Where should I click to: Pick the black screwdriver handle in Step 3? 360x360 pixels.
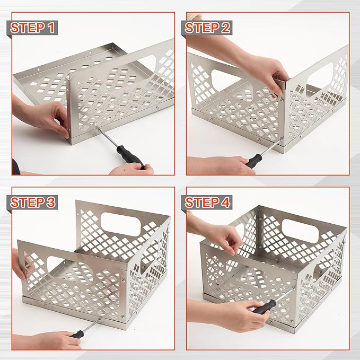(x=80, y=335)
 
